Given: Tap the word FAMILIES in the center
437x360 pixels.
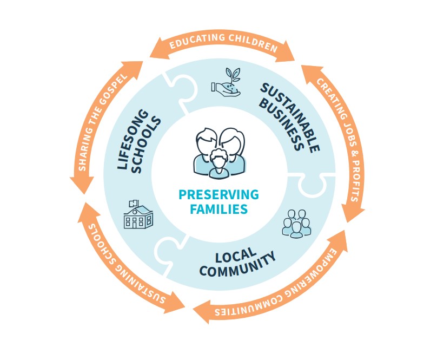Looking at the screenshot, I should (x=219, y=208).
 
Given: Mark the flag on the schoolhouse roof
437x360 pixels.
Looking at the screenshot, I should (x=132, y=202).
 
